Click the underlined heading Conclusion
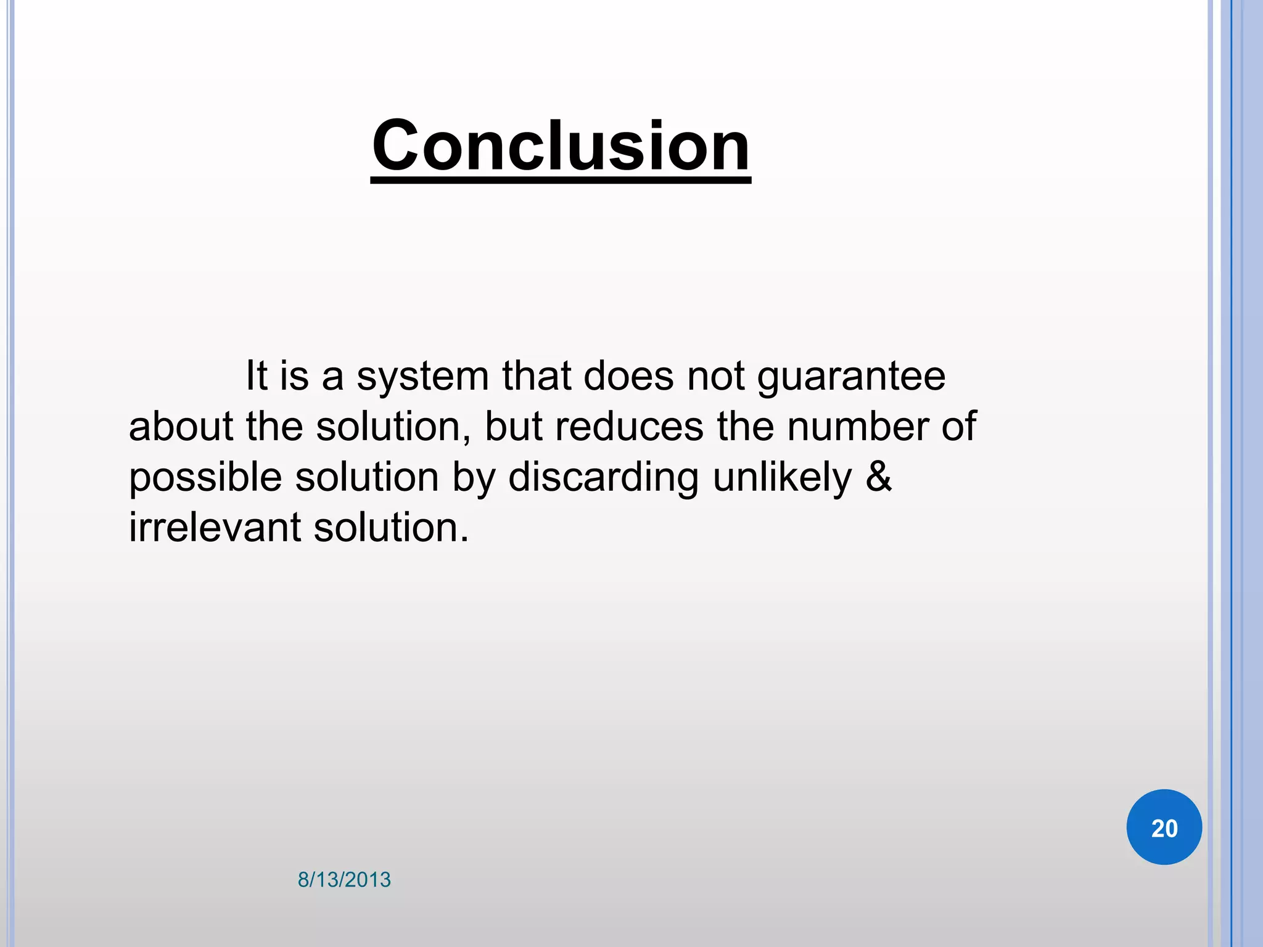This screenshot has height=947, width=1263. point(561,147)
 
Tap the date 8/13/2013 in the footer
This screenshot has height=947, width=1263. point(344,880)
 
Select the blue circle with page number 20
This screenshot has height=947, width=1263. point(1164,827)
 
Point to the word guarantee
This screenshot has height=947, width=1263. point(851,377)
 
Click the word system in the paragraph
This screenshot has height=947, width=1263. point(422,377)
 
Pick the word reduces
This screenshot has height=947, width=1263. point(629,427)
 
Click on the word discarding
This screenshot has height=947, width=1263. point(603,478)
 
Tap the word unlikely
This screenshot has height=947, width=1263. point(782,478)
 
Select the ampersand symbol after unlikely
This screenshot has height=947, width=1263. point(878,477)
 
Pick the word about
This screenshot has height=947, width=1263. point(181,427)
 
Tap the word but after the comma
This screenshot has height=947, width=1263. point(512,427)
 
